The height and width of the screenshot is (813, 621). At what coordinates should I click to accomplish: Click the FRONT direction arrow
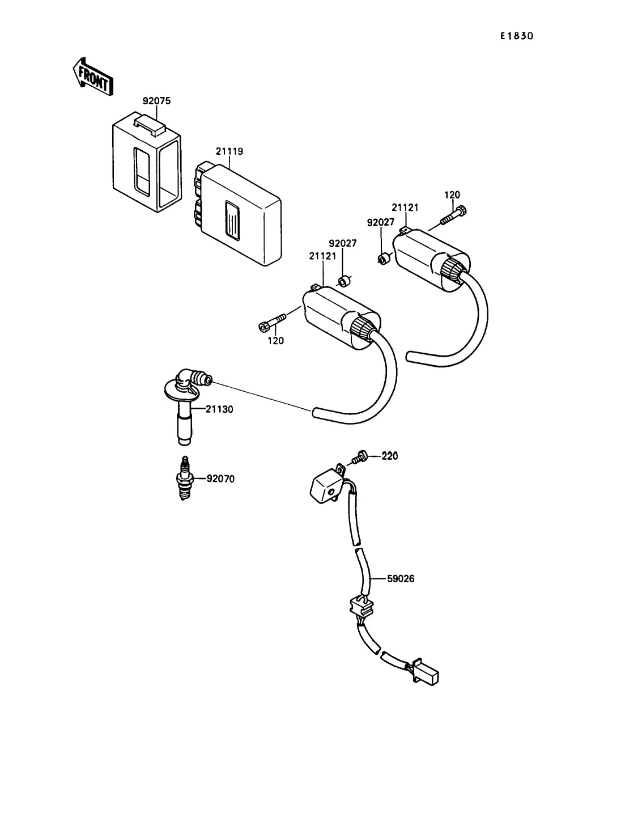pyautogui.click(x=92, y=77)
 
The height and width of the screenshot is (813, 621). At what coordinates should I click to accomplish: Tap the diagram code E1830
pyautogui.click(x=517, y=36)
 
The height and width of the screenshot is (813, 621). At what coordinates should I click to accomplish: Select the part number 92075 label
pyautogui.click(x=156, y=101)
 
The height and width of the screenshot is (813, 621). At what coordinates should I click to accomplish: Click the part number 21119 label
pyautogui.click(x=229, y=151)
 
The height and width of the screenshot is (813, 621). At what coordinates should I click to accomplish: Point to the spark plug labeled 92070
pyautogui.click(x=185, y=478)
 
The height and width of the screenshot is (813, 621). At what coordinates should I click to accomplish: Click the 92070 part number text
pyautogui.click(x=220, y=479)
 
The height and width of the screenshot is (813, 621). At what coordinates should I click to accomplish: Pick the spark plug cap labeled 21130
pyautogui.click(x=187, y=406)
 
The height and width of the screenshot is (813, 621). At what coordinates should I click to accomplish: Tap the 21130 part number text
pyautogui.click(x=219, y=409)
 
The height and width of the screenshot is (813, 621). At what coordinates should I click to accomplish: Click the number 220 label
pyautogui.click(x=390, y=456)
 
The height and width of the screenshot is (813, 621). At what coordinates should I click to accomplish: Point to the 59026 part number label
pyautogui.click(x=401, y=578)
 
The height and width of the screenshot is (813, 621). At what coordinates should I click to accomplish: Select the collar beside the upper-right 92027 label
pyautogui.click(x=385, y=257)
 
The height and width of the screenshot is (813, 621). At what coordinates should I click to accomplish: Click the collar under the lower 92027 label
pyautogui.click(x=344, y=281)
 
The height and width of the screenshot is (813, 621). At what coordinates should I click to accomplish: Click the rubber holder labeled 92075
pyautogui.click(x=147, y=162)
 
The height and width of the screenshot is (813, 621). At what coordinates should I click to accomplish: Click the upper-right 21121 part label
pyautogui.click(x=405, y=208)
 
